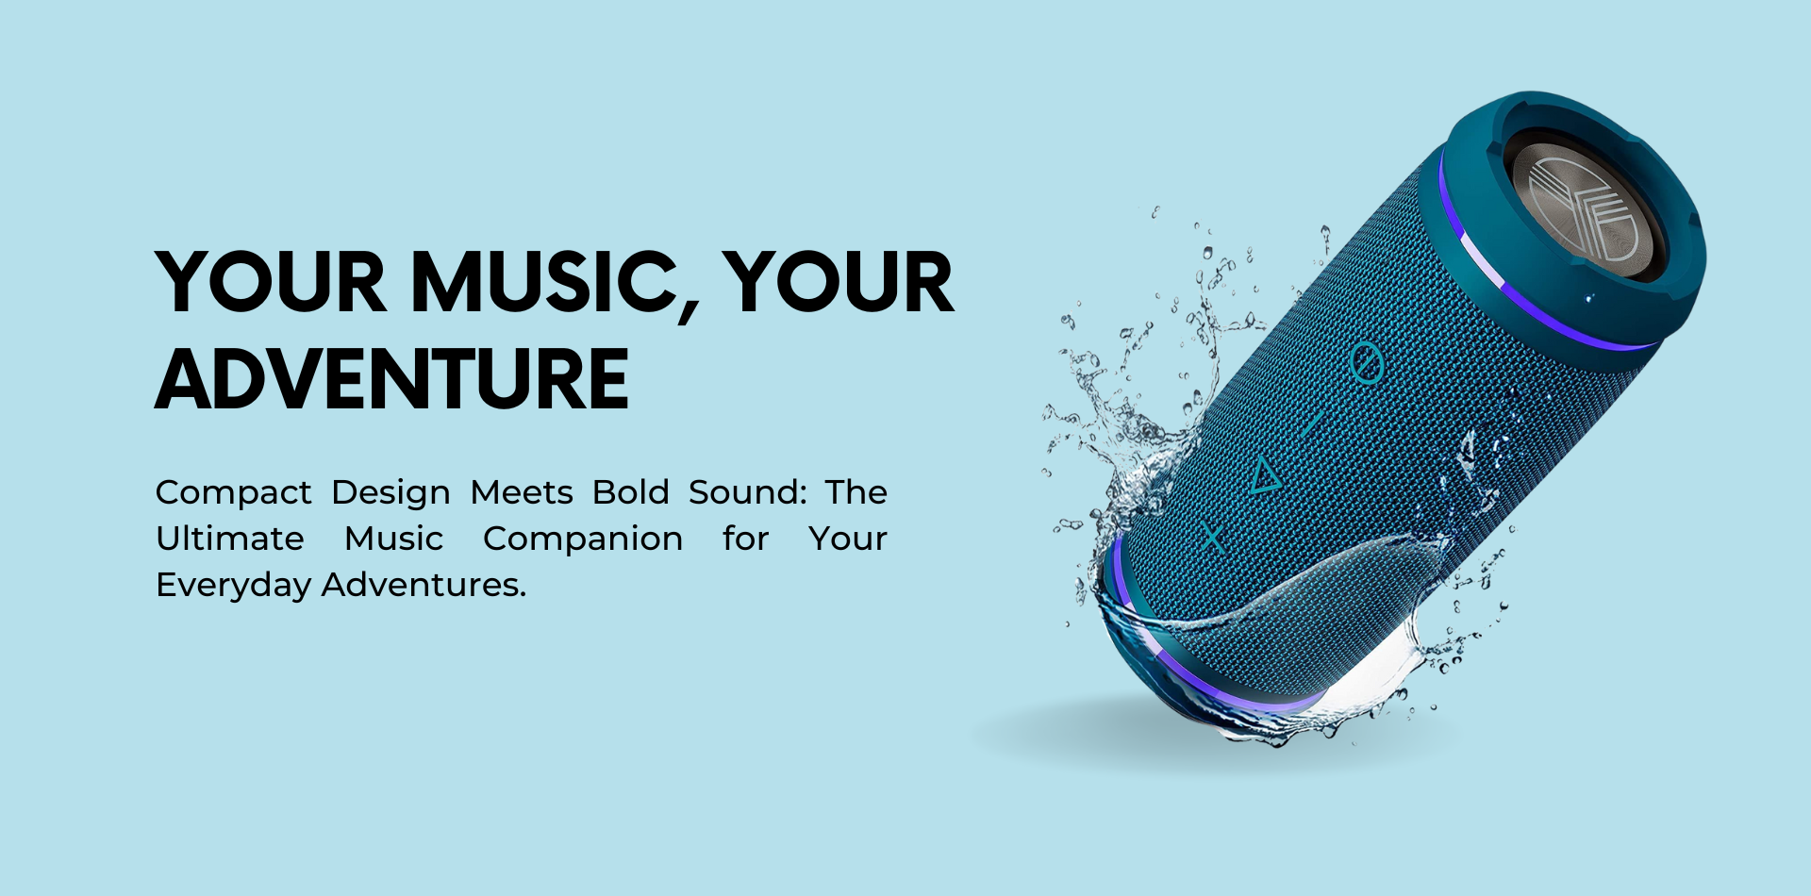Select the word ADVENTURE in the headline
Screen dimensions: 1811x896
click(x=392, y=379)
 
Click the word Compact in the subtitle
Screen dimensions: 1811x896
click(x=234, y=493)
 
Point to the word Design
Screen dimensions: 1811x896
click(x=391, y=493)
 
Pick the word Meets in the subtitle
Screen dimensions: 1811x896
click(x=522, y=492)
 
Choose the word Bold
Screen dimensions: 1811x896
click(x=631, y=491)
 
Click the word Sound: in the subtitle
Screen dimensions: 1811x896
click(x=748, y=492)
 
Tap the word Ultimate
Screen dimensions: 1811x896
click(x=230, y=539)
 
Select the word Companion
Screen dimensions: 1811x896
click(x=583, y=539)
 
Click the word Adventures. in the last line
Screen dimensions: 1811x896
click(x=424, y=585)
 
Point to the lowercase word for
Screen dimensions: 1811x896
click(x=745, y=539)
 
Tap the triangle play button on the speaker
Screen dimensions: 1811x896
click(x=1266, y=475)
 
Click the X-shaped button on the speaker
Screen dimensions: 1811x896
click(x=1212, y=539)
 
